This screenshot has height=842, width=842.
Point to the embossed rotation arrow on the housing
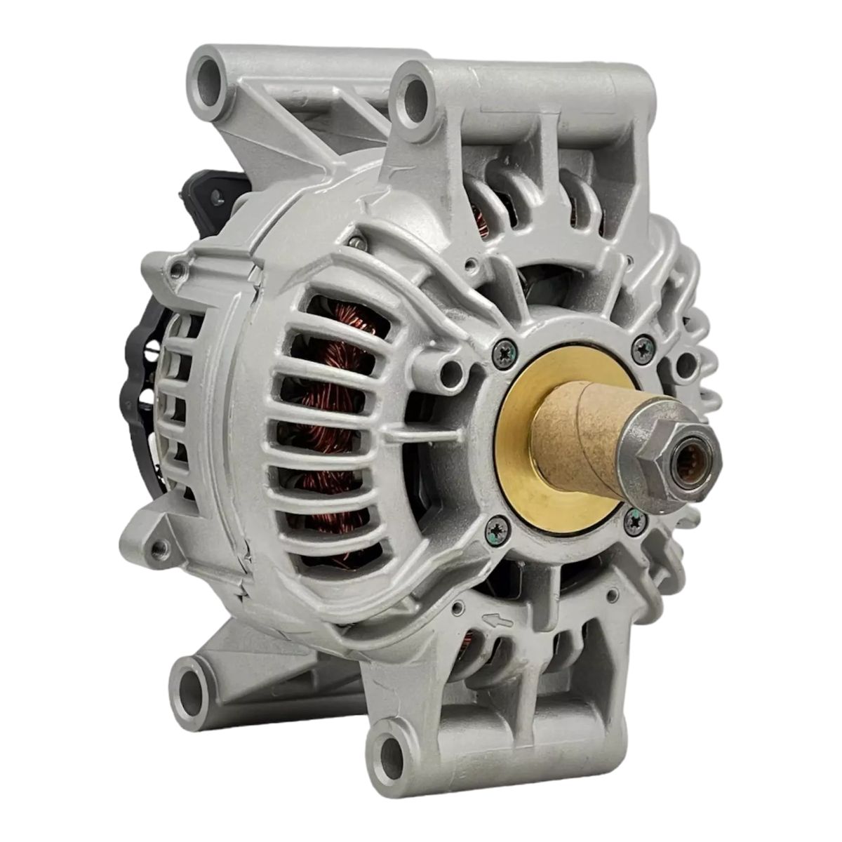click(495, 620)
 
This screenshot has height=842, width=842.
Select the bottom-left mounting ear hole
click(192, 681)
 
